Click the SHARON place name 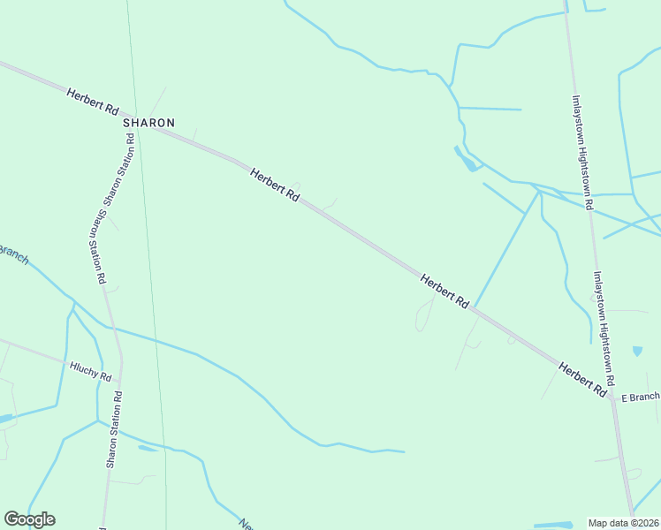[148, 123]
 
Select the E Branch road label [640, 398]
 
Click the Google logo [29, 519]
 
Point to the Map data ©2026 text [623, 523]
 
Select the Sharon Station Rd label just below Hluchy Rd [113, 430]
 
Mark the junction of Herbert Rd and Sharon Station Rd [141, 123]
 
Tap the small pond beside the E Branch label [637, 352]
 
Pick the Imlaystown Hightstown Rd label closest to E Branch [604, 321]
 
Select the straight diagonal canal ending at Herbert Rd [506, 248]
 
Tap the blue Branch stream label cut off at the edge [12, 254]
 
